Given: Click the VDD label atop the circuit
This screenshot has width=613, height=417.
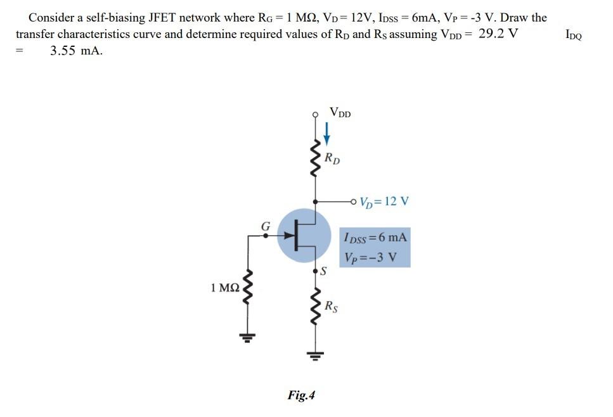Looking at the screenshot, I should (x=340, y=113).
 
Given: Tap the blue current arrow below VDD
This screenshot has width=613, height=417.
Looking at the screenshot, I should (x=327, y=133).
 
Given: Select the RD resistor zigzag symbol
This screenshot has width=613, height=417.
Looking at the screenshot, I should (x=315, y=162).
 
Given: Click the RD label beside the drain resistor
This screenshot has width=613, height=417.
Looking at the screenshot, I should (x=332, y=158).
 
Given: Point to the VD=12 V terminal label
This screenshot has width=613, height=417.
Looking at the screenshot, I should (x=384, y=202).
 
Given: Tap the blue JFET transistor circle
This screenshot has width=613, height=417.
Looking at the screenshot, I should (x=304, y=236).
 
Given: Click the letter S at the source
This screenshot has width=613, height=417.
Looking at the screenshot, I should (x=323, y=272).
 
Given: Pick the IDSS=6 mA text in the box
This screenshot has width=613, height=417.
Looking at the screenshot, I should (x=375, y=239).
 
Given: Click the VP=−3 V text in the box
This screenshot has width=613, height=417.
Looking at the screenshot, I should (x=371, y=257).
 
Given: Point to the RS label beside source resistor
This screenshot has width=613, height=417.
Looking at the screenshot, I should (x=331, y=308).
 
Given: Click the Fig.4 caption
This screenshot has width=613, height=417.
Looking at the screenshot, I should (x=301, y=395).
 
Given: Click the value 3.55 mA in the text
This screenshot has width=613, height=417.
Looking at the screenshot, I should (x=75, y=51).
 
